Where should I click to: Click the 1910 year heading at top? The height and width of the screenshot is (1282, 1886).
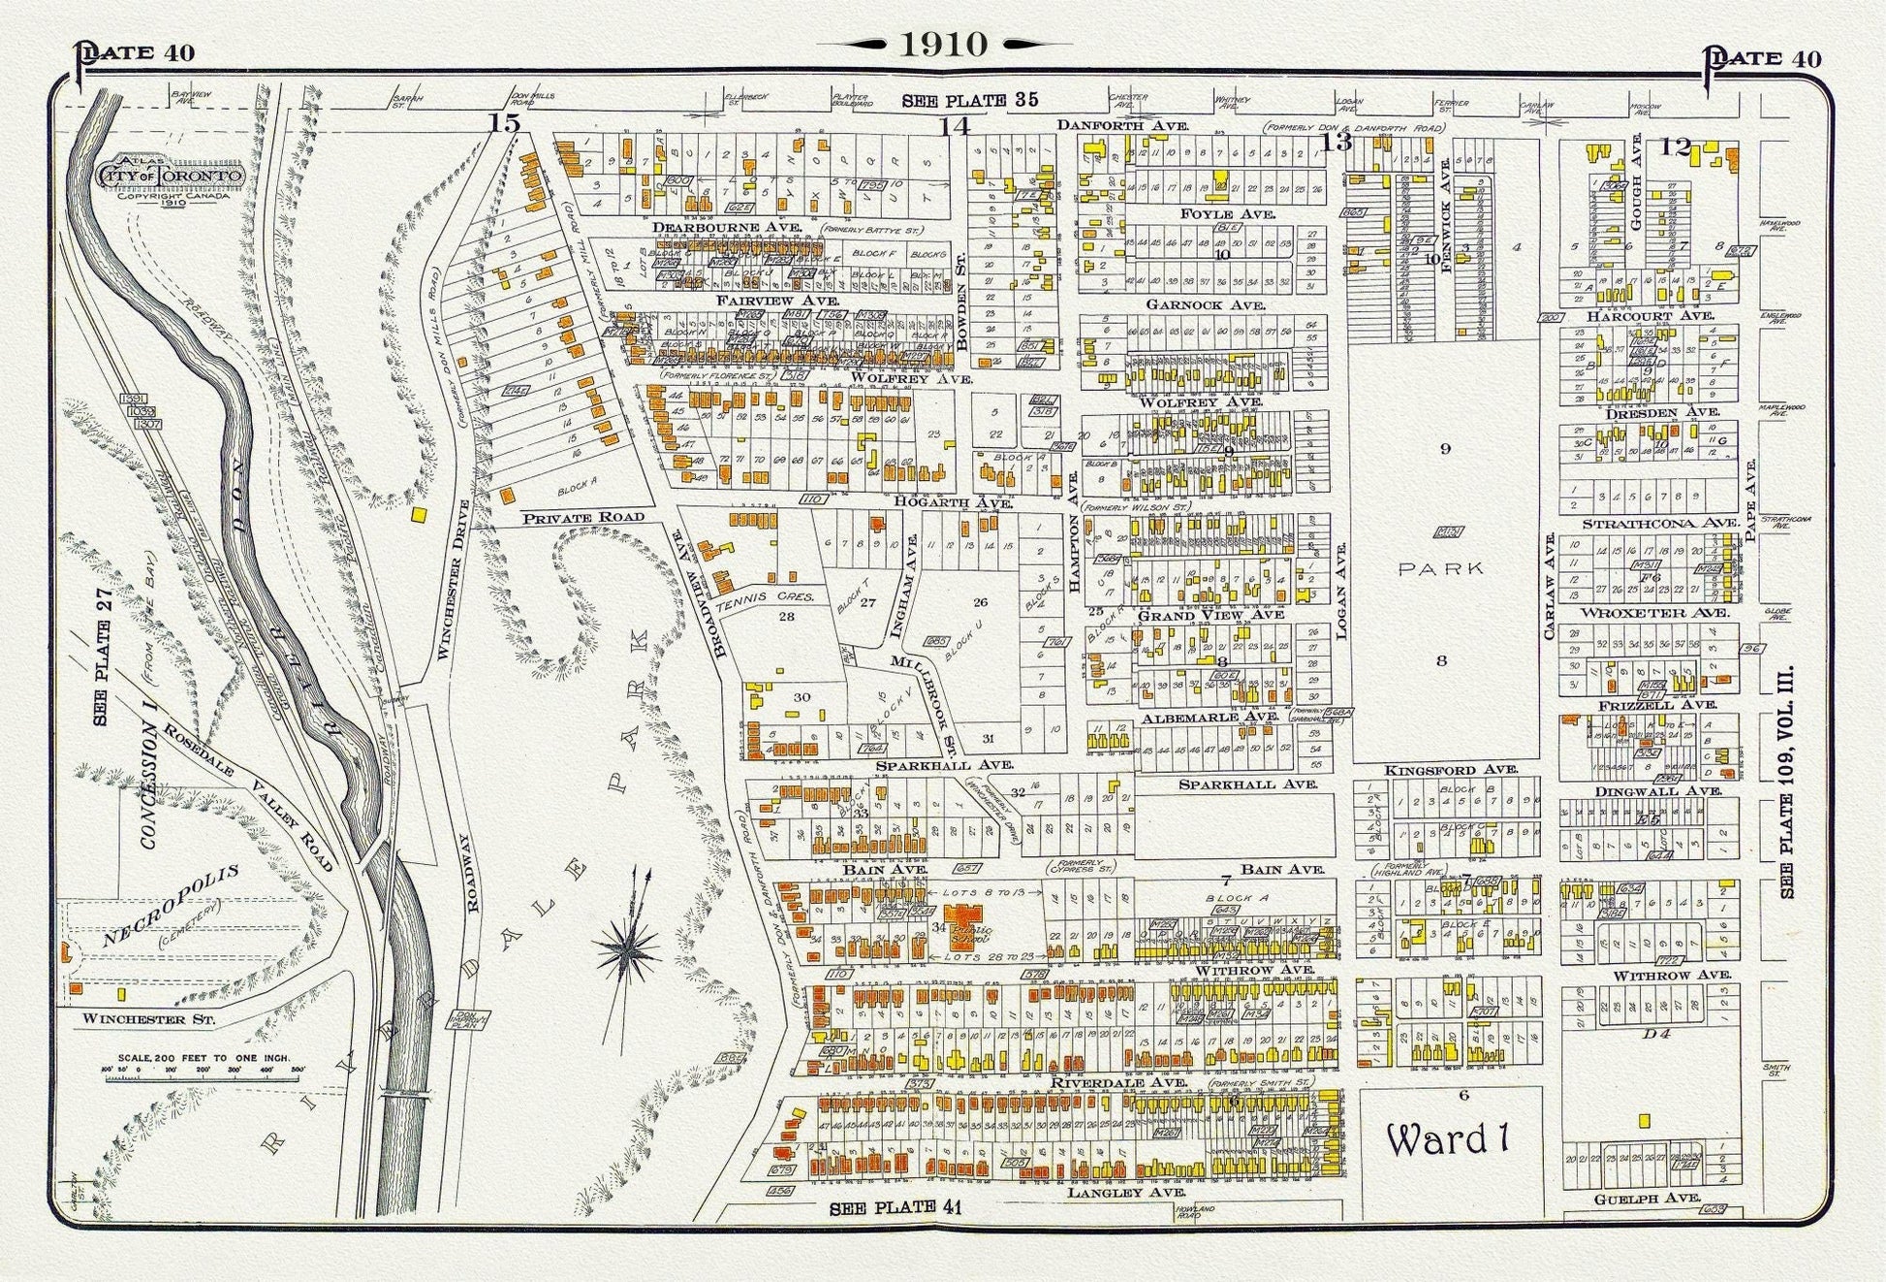click(x=944, y=44)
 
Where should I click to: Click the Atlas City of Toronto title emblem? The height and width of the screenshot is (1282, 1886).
click(x=170, y=176)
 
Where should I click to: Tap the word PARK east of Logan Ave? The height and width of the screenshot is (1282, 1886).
click(x=1441, y=569)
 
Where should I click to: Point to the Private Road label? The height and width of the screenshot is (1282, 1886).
click(x=582, y=518)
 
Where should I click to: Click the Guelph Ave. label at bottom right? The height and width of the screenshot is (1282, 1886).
click(x=1647, y=1199)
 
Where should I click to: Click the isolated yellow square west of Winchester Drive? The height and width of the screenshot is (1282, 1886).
click(x=419, y=515)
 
